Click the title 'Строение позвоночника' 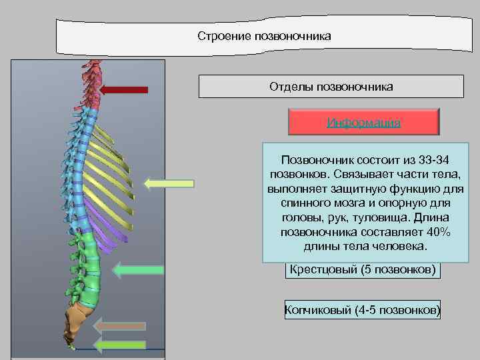point(264,35)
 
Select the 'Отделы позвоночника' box point(331,87)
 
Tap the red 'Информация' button point(363,123)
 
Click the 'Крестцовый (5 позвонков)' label point(363,269)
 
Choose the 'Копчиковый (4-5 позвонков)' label point(363,310)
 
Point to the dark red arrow point(127,89)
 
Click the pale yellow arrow point(169,183)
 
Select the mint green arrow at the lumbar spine point(139,269)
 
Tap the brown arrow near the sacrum point(120,326)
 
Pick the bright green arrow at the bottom point(120,345)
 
